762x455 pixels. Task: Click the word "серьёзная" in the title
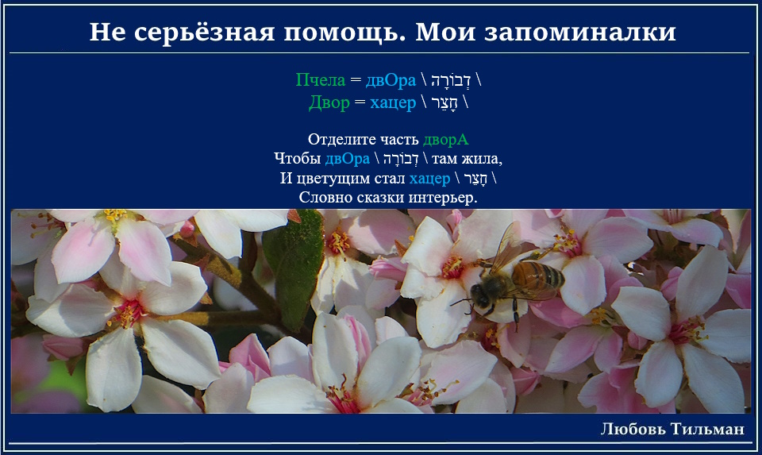click(205, 32)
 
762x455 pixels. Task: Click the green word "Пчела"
click(321, 79)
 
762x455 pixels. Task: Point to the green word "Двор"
click(329, 102)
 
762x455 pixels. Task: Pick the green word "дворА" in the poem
click(445, 140)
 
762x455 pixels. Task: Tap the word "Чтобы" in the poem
click(298, 159)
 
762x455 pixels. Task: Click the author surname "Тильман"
click(707, 429)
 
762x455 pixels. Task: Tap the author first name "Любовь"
click(633, 429)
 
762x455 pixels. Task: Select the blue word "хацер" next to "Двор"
click(393, 103)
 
